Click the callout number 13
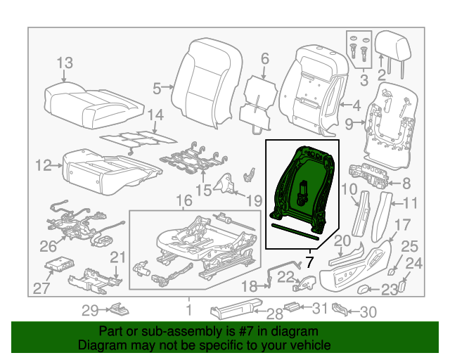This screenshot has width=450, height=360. [65, 63]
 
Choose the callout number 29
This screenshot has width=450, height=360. [89, 310]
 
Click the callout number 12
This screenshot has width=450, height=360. [43, 166]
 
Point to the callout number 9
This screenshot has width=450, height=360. [350, 124]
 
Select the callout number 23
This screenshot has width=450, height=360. [390, 289]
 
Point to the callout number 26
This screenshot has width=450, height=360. [48, 245]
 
